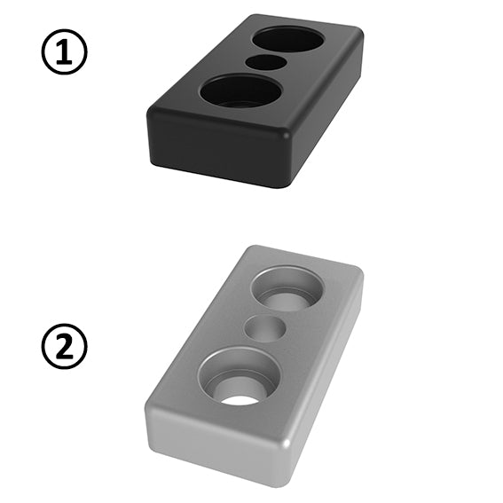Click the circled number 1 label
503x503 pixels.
pos(64,52)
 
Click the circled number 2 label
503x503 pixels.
pos(64,346)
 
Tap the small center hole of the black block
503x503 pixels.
pos(266,62)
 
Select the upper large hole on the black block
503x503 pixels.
pos(288,39)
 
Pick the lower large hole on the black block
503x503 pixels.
pos(241,90)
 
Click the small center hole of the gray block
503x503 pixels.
pos(265,328)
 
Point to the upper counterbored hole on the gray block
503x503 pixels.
pos(287,288)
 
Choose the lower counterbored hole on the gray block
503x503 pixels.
pos(240,375)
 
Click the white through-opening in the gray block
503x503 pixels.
pos(240,400)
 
